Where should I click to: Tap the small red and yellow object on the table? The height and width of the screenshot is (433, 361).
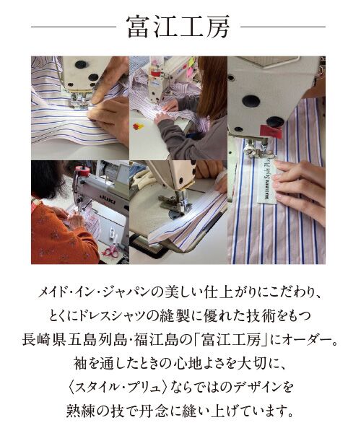139,126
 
